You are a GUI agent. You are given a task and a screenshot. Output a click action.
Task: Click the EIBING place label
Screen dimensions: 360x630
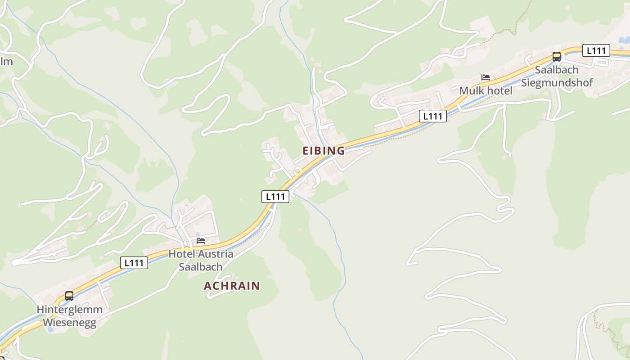[x=324, y=151]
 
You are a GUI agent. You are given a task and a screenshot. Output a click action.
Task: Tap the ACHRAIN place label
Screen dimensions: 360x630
[x=232, y=286]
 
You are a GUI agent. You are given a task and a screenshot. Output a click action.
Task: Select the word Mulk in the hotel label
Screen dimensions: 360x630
[x=472, y=91]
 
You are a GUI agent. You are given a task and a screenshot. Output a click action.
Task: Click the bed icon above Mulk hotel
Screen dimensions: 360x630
[x=485, y=77]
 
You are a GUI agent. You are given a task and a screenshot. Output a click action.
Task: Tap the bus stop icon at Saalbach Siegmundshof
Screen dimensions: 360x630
[x=557, y=57]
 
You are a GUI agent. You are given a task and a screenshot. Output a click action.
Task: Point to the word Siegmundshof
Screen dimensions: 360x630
[x=557, y=83]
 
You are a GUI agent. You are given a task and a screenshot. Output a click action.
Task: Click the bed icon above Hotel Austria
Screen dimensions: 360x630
[x=201, y=241]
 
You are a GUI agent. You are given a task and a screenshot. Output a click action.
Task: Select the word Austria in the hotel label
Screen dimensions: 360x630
[x=215, y=254]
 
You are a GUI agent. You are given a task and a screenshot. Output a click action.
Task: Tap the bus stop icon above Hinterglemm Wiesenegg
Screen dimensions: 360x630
[x=69, y=296]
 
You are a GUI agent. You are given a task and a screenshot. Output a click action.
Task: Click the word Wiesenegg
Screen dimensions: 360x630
[x=69, y=323]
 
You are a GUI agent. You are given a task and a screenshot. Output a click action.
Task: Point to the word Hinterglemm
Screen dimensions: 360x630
[x=69, y=310]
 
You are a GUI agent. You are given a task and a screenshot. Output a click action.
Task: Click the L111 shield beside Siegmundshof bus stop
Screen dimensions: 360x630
[x=596, y=50]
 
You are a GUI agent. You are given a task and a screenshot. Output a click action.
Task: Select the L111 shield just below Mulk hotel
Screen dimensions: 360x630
[x=432, y=116]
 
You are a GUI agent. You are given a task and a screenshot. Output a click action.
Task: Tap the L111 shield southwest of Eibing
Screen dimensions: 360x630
[x=275, y=196]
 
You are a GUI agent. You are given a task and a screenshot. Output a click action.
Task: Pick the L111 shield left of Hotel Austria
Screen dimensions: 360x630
[x=134, y=262]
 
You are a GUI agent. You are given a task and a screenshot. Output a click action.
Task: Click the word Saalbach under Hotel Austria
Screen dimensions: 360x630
[x=201, y=267]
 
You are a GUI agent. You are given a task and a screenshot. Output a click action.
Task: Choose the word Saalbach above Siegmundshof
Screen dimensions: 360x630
[x=557, y=70]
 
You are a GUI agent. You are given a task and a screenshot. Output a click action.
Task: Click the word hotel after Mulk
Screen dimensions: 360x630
[x=499, y=91]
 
